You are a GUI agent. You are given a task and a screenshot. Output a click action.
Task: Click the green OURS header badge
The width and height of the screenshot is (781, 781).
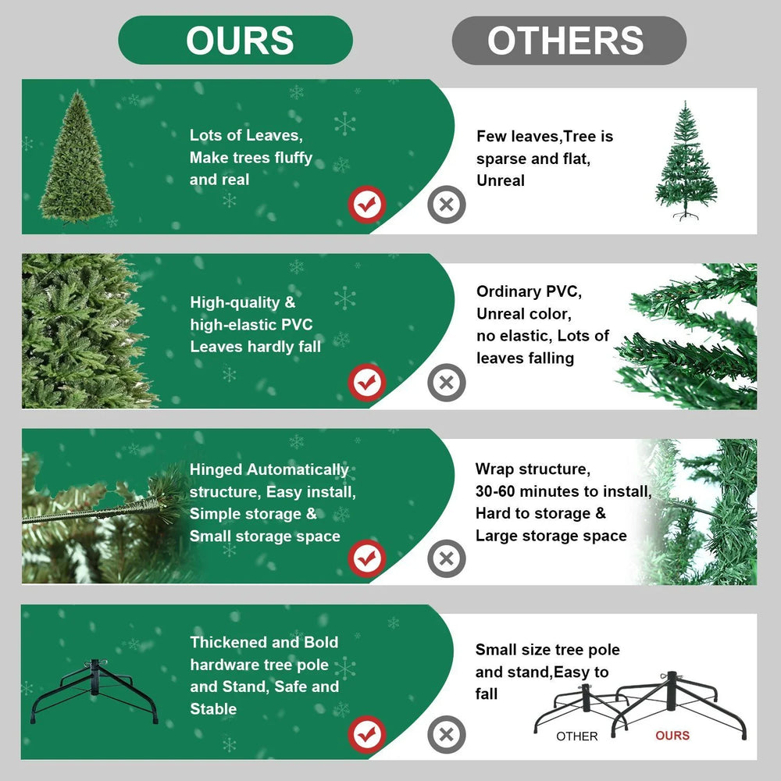coord(235,40)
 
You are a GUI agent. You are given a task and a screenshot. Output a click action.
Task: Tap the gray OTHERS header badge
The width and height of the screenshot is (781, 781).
coord(569,40)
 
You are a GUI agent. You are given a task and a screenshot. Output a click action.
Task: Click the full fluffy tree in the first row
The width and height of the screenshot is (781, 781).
coord(77,158)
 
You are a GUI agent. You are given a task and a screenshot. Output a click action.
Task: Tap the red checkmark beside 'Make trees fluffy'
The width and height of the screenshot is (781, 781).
coord(366,205)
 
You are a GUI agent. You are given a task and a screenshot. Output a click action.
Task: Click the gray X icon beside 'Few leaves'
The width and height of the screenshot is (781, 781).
coord(446,205)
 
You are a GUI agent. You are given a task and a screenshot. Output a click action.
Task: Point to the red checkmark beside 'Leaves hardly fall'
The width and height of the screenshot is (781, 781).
coord(366,383)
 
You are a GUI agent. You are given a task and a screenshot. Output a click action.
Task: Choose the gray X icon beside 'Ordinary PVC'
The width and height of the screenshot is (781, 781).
coord(446,383)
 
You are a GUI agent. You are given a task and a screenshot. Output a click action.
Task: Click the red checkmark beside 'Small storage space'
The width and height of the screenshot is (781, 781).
coord(366,558)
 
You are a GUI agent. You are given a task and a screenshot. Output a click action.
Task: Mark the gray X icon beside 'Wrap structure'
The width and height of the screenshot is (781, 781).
coord(446,558)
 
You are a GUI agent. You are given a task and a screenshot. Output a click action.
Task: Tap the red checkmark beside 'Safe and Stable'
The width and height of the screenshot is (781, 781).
coord(366,734)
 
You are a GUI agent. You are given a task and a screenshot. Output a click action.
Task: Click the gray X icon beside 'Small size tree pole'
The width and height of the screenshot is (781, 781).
coord(446,734)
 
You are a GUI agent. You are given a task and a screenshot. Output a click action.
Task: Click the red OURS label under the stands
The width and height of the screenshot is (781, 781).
coord(672,736)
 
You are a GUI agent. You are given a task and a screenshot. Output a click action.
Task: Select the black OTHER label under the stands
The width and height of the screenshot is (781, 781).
coord(577,736)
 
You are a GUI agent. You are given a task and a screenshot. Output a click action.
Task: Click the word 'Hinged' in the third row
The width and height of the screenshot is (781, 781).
coord(216,470)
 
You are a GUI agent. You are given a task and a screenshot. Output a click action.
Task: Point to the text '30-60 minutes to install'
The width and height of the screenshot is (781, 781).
coord(562,491)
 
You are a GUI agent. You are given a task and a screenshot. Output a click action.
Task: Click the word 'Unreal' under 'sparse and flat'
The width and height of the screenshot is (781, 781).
coord(501,180)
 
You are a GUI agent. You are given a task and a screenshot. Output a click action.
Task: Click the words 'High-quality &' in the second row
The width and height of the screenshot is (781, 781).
coord(243,302)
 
